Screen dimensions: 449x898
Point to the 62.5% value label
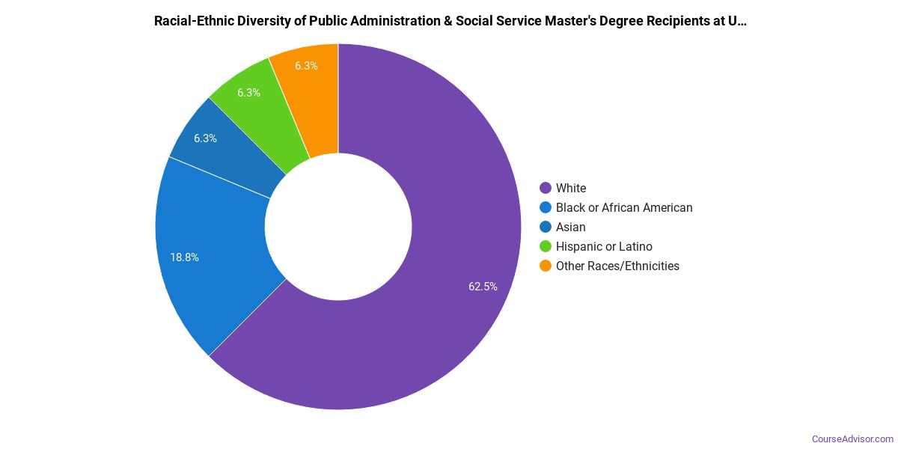pyautogui.click(x=483, y=286)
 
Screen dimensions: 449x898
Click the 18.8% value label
pyautogui.click(x=184, y=257)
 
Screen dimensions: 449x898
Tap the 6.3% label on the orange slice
pyautogui.click(x=306, y=66)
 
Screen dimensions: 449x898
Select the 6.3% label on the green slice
pyautogui.click(x=248, y=93)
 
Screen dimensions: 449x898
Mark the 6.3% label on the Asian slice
pyautogui.click(x=205, y=138)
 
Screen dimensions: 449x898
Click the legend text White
pyautogui.click(x=571, y=188)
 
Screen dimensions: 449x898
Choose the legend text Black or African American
pyautogui.click(x=624, y=207)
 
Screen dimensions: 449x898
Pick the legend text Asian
pyautogui.click(x=571, y=227)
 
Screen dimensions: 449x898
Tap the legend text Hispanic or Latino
pyautogui.click(x=604, y=246)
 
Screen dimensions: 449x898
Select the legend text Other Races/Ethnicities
pyautogui.click(x=617, y=266)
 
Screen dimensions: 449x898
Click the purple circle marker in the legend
pyautogui.click(x=546, y=188)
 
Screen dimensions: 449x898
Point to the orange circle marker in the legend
pyautogui.click(x=546, y=266)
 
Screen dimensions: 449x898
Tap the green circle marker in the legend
pyautogui.click(x=546, y=246)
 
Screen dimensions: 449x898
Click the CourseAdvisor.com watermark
pyautogui.click(x=852, y=439)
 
